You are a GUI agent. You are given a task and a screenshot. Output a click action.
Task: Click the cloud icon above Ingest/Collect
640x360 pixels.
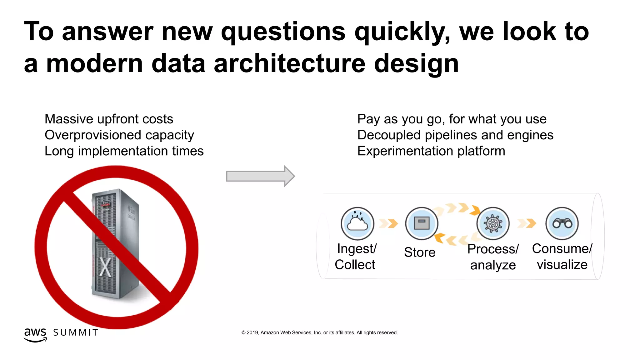[357, 223]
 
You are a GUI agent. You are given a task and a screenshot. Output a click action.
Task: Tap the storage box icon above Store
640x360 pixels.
[422, 223]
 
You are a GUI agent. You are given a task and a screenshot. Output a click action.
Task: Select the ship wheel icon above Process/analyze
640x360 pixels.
[493, 223]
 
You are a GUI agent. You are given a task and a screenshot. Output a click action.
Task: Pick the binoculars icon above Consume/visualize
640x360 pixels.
[562, 223]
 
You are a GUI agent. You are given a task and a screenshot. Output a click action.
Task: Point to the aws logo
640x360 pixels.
[35, 335]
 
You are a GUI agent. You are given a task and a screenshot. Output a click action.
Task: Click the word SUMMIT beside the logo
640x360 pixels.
[76, 332]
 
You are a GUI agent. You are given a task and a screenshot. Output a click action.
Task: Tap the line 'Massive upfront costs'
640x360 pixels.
[109, 119]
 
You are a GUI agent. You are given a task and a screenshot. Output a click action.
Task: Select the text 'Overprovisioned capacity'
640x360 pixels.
[119, 135]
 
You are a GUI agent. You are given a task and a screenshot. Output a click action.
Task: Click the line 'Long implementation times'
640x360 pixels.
[124, 151]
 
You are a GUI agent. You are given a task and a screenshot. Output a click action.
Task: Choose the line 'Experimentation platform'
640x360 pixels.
[431, 151]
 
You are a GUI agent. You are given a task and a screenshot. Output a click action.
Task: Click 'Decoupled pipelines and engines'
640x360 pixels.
[455, 135]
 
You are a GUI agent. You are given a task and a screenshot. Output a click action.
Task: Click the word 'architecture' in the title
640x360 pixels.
[289, 63]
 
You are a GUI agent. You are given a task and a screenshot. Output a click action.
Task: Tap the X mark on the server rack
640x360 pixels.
[105, 267]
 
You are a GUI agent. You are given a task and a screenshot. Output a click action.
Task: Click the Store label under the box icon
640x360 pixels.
[419, 252]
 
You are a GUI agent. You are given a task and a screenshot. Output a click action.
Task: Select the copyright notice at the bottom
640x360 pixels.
[319, 332]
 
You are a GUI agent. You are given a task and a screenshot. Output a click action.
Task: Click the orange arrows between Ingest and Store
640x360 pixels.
[388, 223]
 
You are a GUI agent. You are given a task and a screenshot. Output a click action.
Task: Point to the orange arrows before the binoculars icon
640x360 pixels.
[527, 223]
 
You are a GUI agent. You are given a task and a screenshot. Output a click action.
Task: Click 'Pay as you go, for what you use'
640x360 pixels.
[452, 119]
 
